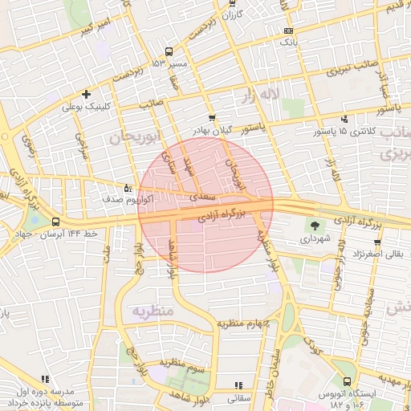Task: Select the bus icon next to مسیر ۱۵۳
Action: pos(156,63)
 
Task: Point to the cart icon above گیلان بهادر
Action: pos(212,117)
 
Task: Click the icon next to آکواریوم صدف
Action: pos(128,188)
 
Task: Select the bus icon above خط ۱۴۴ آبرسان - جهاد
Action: pos(55,222)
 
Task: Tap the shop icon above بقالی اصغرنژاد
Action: pos(377,242)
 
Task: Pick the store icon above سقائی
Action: pos(238,385)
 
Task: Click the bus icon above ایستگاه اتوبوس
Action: pos(347,382)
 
